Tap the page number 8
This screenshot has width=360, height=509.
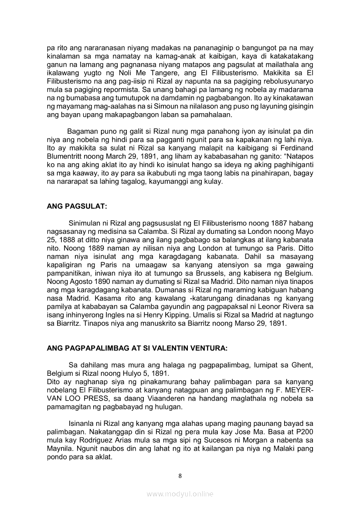(x=180, y=475)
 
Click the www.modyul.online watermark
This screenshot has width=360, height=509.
(x=180, y=494)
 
